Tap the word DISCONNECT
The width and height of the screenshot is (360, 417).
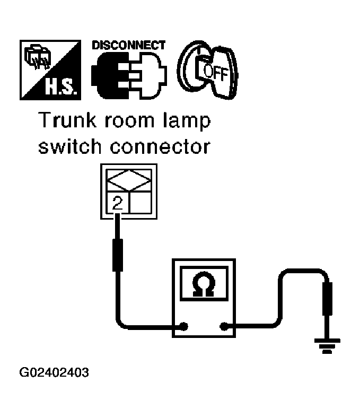[128, 45]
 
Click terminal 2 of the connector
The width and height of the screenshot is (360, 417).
[118, 202]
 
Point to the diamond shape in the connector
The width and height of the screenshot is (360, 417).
[129, 181]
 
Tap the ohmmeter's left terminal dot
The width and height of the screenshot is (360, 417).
[184, 326]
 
